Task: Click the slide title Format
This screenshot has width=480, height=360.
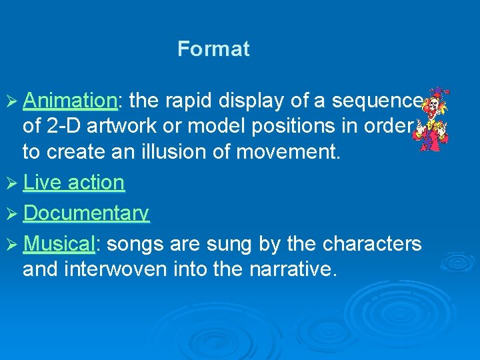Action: (x=213, y=49)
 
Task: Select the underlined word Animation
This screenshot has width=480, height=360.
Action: (x=69, y=101)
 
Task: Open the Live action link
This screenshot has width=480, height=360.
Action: (x=73, y=182)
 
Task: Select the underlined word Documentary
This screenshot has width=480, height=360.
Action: (x=86, y=213)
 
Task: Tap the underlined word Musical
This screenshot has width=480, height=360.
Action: (x=59, y=244)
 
